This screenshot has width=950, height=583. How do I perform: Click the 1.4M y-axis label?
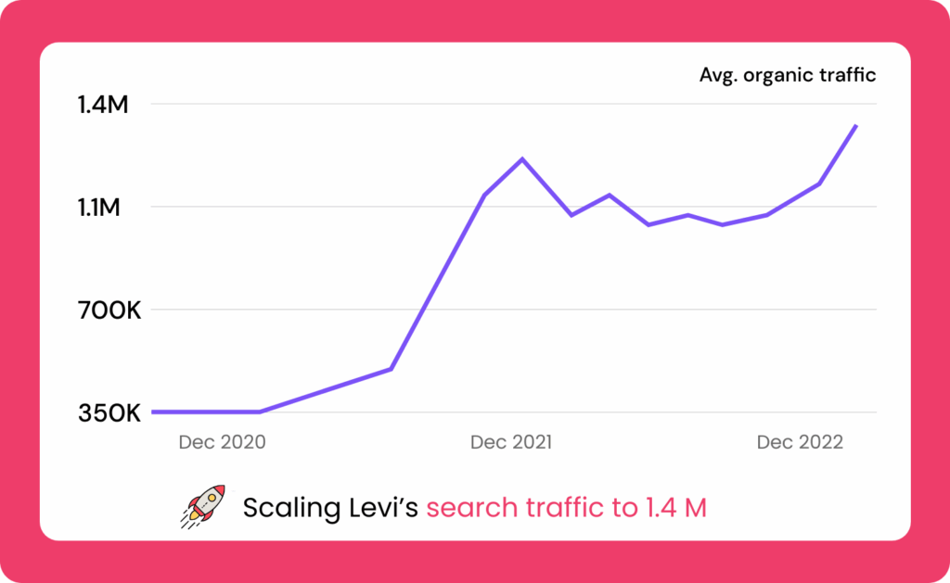[103, 105]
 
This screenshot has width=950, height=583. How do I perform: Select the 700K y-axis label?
[109, 311]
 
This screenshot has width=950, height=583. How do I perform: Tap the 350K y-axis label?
[109, 413]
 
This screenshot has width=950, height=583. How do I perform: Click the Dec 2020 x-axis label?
[222, 442]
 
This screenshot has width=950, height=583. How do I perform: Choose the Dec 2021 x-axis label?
[511, 442]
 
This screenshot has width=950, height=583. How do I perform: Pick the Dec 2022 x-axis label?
[800, 442]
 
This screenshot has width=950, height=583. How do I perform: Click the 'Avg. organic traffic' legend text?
[788, 75]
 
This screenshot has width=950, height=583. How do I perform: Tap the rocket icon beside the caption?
[202, 506]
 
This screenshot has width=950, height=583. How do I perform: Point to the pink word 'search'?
[469, 508]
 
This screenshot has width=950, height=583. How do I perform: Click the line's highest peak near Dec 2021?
[522, 159]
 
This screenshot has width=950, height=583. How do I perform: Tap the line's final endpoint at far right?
[855, 125]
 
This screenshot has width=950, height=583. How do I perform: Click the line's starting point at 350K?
[153, 412]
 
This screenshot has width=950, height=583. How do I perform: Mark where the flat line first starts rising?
[261, 412]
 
